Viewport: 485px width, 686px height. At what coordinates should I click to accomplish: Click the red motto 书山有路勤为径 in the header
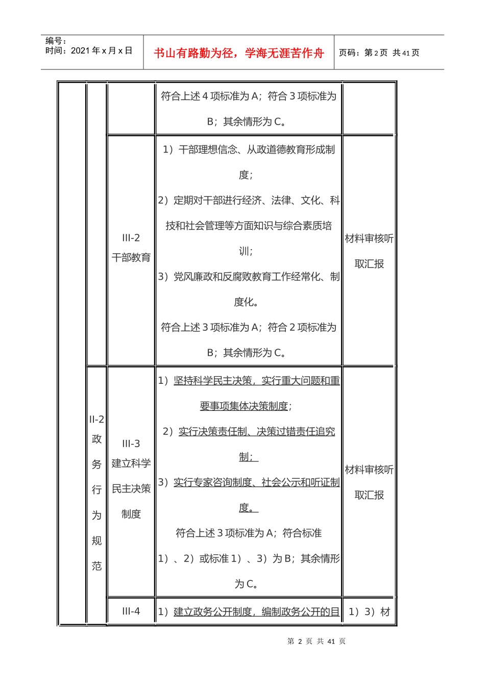(239, 53)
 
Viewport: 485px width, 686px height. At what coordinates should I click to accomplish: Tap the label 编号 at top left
(56, 41)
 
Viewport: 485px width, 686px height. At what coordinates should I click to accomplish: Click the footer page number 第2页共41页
(317, 641)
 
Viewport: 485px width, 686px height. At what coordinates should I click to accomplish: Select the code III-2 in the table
(131, 238)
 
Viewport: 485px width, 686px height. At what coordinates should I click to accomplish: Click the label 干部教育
(131, 257)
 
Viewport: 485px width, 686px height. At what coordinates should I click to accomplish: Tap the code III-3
(131, 444)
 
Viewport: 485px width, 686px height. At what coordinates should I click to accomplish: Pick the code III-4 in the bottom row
(131, 611)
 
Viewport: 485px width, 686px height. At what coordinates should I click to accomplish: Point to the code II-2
(96, 420)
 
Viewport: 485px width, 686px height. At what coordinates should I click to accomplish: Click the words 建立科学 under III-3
(131, 463)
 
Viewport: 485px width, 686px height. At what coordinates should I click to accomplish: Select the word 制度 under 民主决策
(131, 514)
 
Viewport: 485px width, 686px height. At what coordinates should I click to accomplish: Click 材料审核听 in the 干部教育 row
(369, 238)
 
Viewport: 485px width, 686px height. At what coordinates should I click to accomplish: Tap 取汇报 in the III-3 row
(369, 495)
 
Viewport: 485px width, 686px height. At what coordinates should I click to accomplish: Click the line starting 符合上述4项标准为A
(249, 96)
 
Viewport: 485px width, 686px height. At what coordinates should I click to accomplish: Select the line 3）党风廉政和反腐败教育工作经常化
(249, 277)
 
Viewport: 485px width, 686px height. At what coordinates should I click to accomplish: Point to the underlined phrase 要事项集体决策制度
(244, 406)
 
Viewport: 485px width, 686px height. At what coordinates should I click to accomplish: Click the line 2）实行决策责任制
(249, 432)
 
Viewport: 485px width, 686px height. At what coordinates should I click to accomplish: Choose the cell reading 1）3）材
(369, 611)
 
